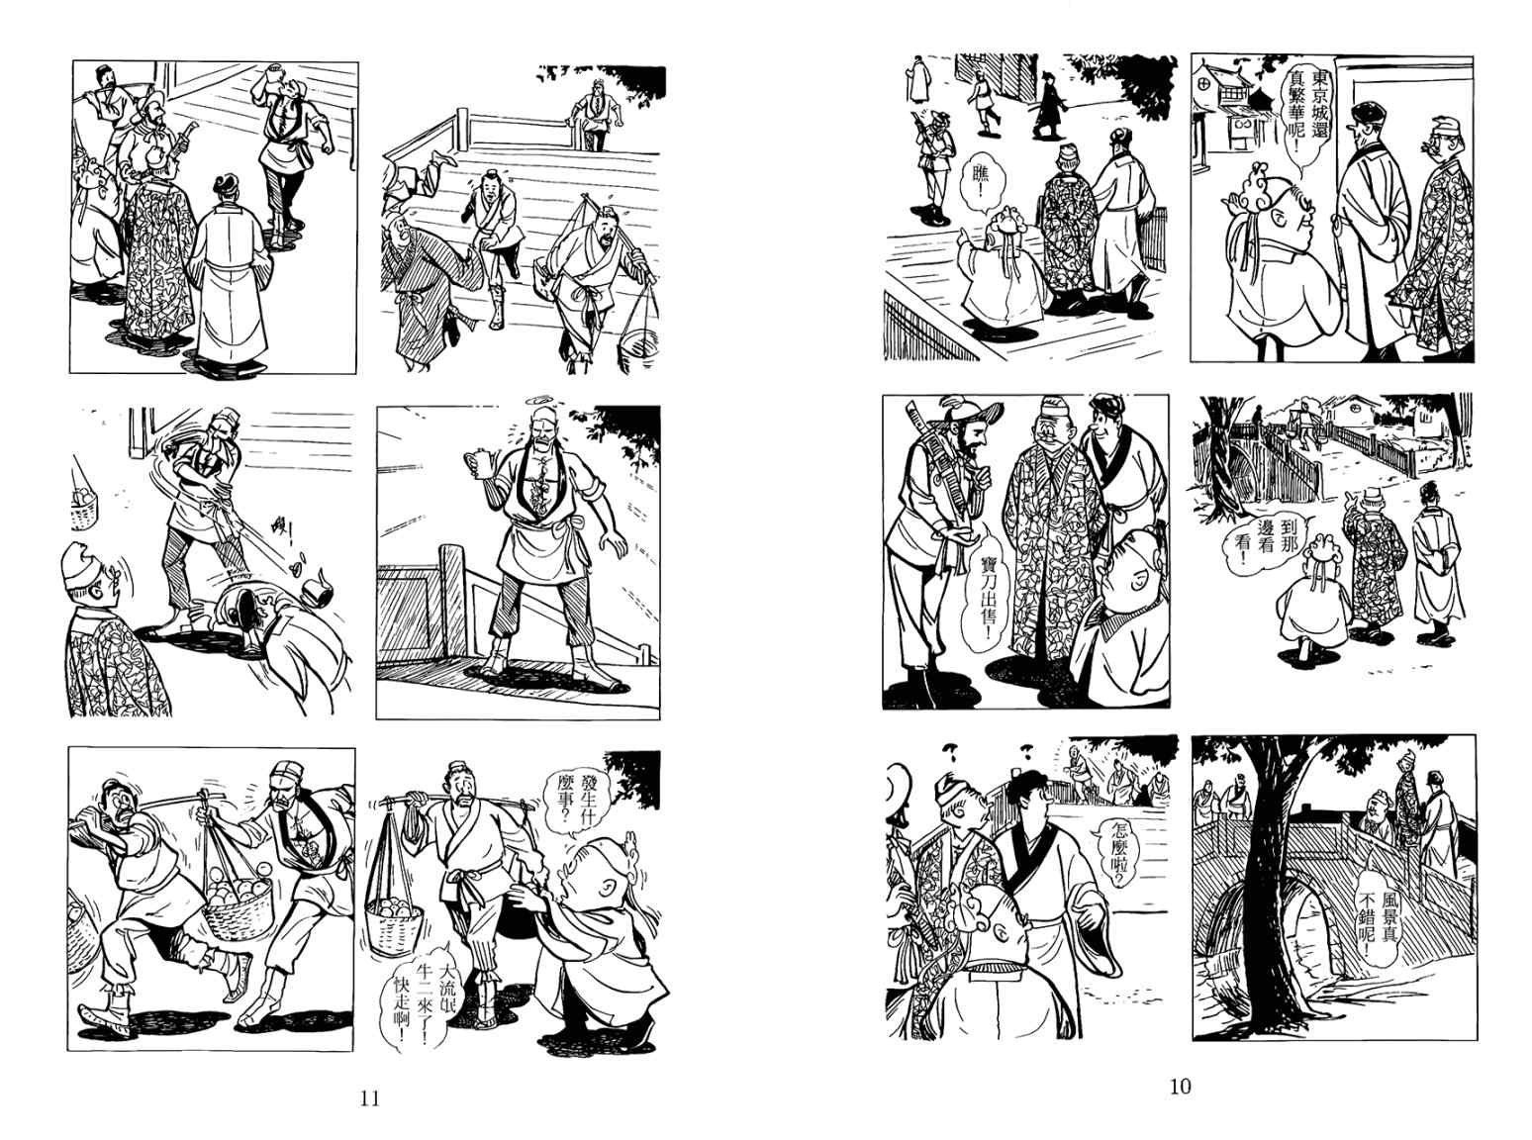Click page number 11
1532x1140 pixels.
pos(370,1098)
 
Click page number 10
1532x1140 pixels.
pos(1181,1087)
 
